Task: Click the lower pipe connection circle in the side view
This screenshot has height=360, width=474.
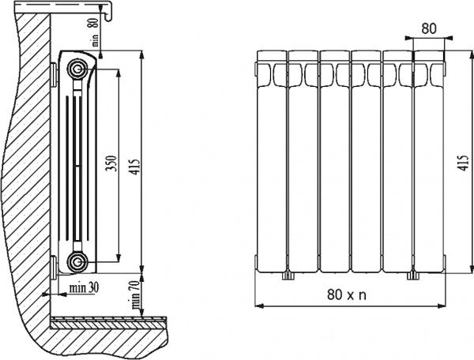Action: [77, 261]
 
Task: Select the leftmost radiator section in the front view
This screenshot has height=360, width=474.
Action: [271, 162]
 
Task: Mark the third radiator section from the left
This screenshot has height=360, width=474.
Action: [334, 162]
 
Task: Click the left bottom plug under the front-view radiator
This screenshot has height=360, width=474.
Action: [287, 276]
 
